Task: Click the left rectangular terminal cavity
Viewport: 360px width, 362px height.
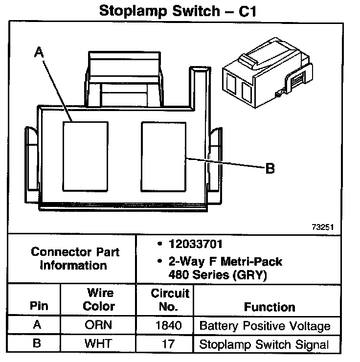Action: coord(84,156)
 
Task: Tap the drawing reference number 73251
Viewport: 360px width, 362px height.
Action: coord(322,227)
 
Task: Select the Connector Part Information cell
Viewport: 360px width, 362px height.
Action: coord(75,259)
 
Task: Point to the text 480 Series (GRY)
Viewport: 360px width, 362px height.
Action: coord(217,275)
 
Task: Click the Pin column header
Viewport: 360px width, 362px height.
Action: coord(39,307)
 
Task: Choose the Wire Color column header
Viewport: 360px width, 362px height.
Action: coord(99,300)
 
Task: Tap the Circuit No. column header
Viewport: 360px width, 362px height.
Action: coord(169,300)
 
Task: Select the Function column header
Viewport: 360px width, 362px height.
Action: coord(270,307)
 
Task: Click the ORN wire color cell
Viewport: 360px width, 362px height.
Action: coord(98,326)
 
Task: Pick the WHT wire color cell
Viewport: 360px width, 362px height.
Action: coord(98,343)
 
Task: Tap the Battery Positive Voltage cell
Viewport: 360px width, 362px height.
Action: coord(265,326)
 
